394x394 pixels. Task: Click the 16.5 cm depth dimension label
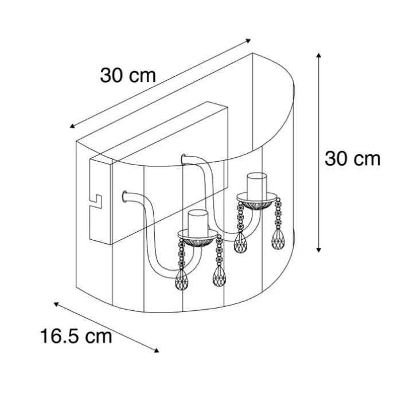[x=76, y=336]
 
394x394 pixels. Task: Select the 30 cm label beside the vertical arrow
[x=353, y=159]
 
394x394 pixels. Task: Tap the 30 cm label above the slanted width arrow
[x=128, y=75]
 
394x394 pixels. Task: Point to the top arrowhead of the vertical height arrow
[x=319, y=55]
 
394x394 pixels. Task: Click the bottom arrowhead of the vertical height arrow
[x=319, y=250]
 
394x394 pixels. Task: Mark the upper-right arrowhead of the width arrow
[x=248, y=41]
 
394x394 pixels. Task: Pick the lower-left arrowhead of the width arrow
[x=72, y=126]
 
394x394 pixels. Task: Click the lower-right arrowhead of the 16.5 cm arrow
[x=157, y=350]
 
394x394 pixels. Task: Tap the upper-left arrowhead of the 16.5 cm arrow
[x=56, y=304]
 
